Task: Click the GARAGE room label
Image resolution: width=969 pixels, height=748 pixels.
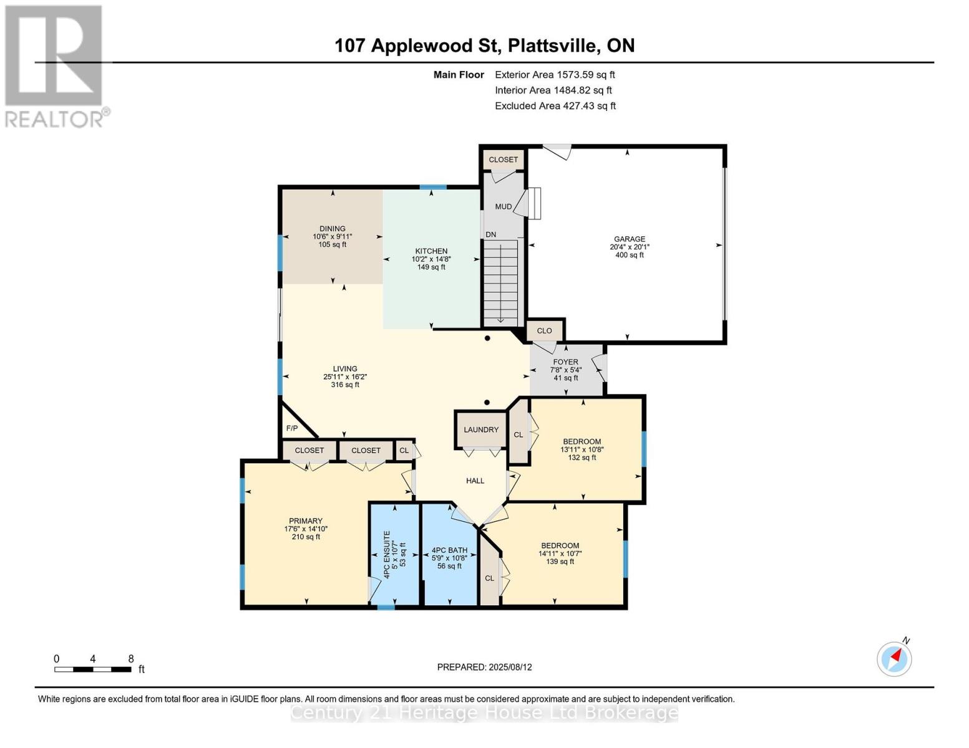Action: pos(629,239)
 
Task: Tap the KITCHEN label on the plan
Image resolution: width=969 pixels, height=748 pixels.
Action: pos(431,251)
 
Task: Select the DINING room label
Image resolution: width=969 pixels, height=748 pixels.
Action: pos(332,229)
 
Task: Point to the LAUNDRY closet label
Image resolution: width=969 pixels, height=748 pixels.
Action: pos(481,429)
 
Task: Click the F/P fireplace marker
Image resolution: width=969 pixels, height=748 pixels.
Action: pos(291,428)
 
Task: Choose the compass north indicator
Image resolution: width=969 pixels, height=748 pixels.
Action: pos(895,658)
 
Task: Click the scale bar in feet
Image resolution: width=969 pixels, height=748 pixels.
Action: pos(93,669)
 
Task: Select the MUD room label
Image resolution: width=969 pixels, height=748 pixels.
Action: pos(503,206)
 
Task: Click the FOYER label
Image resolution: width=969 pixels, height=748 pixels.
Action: pos(565,362)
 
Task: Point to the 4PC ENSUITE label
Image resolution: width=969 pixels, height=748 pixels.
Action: pos(387,554)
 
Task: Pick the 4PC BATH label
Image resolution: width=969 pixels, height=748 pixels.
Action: pos(449,550)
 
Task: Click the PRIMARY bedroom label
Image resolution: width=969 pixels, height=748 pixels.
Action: pos(305,521)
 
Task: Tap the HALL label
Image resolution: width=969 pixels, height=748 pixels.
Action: pos(475,481)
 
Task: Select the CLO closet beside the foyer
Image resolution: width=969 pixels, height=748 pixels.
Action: pos(544,330)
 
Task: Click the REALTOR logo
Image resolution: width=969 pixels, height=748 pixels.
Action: pos(56,65)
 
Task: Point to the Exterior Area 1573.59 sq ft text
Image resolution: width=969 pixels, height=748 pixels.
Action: pos(555,75)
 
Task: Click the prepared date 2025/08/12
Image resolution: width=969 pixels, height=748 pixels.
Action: pos(510,667)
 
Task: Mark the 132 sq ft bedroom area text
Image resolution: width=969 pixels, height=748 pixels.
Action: pos(582,458)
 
